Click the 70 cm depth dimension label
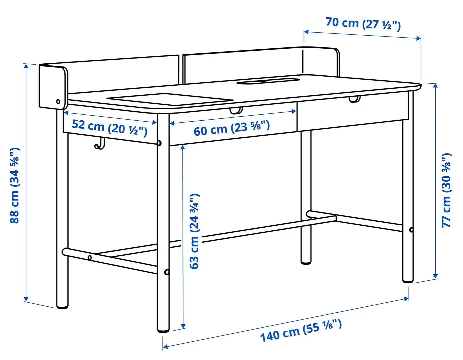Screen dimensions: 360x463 pyautogui.click(x=363, y=23)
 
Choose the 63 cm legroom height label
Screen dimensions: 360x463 pyautogui.click(x=194, y=231)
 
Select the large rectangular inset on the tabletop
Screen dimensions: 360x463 pyautogui.click(x=170, y=99)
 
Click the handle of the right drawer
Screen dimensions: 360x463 pyautogui.click(x=355, y=99)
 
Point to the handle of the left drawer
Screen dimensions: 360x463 pyautogui.click(x=236, y=111)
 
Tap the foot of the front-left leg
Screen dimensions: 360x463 pyautogui.click(x=62, y=305)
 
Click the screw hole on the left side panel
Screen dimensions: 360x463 pyautogui.click(x=58, y=102)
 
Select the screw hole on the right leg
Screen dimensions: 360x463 pyautogui.click(x=411, y=230)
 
